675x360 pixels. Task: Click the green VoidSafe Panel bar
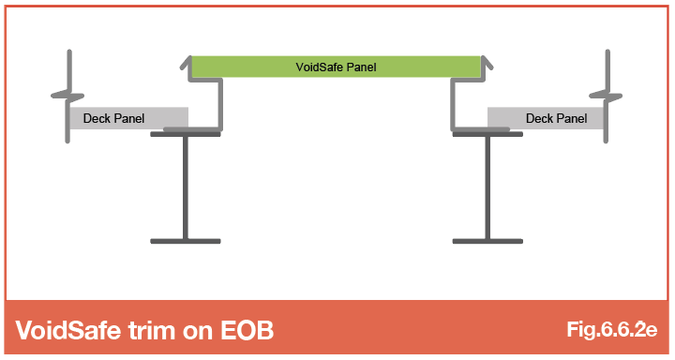[336, 67]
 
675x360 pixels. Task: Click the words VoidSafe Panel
[336, 67]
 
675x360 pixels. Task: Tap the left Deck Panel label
[113, 118]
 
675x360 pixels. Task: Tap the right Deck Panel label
[556, 118]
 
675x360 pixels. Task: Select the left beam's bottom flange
[186, 241]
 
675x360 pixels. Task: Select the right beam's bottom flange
[487, 241]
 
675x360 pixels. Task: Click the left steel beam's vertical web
[186, 187]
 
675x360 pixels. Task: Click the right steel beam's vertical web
[487, 187]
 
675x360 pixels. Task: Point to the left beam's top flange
[186, 134]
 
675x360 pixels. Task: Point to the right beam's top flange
[487, 134]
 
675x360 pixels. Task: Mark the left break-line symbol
[68, 96]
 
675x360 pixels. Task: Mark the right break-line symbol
[607, 96]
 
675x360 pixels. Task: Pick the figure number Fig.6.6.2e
[611, 329]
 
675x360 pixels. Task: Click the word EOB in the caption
[247, 330]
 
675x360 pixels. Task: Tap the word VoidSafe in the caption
[68, 330]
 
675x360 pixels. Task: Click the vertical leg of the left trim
[220, 103]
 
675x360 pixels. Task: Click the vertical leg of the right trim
[453, 103]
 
